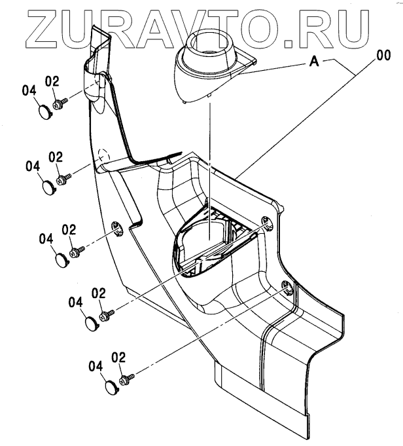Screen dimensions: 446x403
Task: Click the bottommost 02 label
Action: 118,357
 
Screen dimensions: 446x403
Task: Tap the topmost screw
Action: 60,102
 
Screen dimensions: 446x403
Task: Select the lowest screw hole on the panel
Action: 286,285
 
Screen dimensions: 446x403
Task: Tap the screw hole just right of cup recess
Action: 266,221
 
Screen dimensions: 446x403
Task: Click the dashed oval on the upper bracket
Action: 101,157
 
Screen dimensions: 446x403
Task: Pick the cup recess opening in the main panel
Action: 206,242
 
